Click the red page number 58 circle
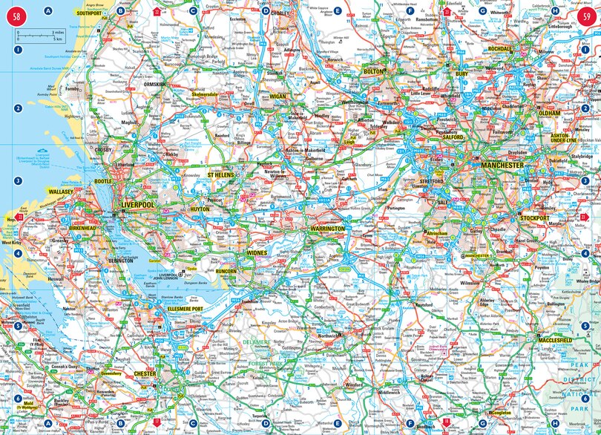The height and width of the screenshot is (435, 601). tap(16, 16)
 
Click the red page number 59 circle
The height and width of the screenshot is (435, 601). tap(586, 16)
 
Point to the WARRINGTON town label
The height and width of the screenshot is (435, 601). tap(327, 229)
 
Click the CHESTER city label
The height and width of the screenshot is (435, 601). tap(145, 373)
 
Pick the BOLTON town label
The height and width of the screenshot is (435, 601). tap(374, 71)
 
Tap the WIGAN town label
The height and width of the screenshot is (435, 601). tap(277, 97)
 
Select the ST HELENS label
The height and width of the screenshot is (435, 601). tap(220, 175)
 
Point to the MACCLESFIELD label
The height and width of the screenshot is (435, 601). tap(554, 340)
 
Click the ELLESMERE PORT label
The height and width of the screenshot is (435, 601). tap(183, 308)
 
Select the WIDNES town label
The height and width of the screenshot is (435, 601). tap(256, 253)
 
